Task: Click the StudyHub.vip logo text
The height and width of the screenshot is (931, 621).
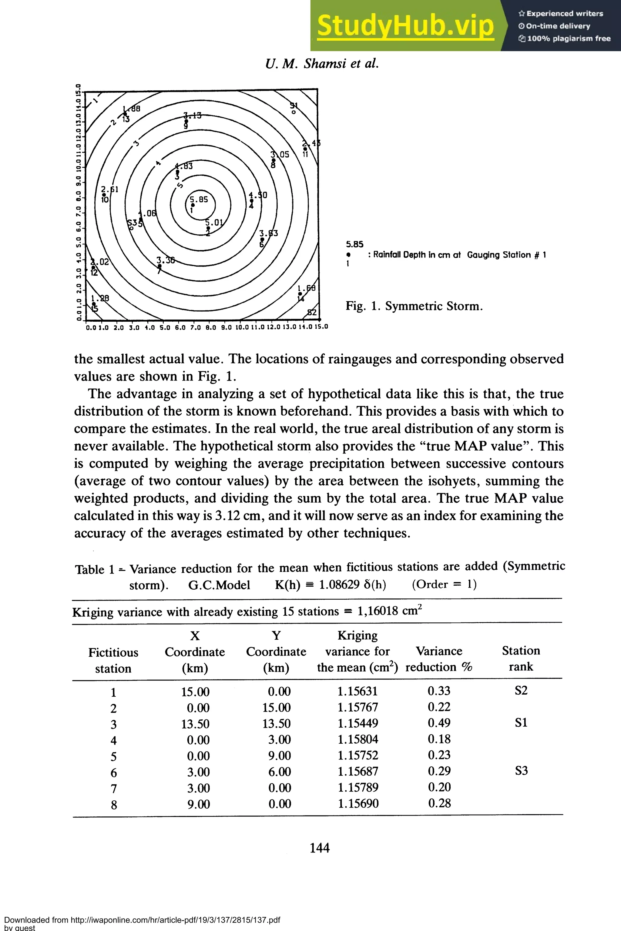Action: click(x=405, y=26)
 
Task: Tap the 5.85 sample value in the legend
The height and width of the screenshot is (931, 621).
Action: click(x=354, y=244)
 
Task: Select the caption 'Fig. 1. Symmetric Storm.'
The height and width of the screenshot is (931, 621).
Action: click(x=414, y=306)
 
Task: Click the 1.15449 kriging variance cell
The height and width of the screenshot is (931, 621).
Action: click(x=357, y=724)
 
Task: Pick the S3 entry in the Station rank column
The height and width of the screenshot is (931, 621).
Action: click(x=521, y=771)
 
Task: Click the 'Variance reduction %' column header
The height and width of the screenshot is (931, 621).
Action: click(x=439, y=659)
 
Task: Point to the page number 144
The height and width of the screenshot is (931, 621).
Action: click(x=319, y=848)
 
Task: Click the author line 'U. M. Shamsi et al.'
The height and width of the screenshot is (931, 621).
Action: click(x=322, y=64)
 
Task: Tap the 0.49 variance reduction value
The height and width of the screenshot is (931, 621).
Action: click(x=439, y=723)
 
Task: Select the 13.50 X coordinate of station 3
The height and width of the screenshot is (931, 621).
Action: click(x=195, y=724)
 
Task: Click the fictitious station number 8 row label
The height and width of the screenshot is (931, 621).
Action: click(x=114, y=805)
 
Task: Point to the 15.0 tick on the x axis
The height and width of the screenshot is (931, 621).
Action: click(x=321, y=327)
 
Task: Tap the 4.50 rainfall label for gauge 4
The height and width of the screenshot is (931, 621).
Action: click(x=258, y=195)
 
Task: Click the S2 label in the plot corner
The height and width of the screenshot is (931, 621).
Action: click(x=312, y=313)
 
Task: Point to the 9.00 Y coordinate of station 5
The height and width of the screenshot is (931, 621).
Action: click(x=279, y=755)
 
